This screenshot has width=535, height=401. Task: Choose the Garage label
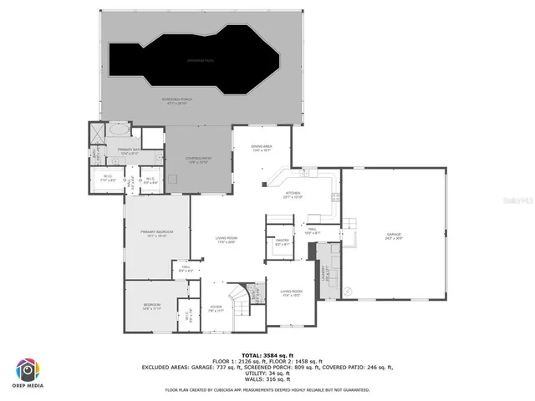pos(394,236)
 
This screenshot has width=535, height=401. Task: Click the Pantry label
pos(281,242)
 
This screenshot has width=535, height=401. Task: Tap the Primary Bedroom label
pos(157,235)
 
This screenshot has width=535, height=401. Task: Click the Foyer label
pos(216,307)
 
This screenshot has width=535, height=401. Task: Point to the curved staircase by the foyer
pos(239,297)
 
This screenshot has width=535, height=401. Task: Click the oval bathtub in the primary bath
pos(119,130)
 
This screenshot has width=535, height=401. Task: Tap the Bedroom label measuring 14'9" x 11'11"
pos(150,307)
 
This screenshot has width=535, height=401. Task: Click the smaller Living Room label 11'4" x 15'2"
pos(292,292)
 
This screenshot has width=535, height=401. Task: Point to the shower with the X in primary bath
pos(97,130)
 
